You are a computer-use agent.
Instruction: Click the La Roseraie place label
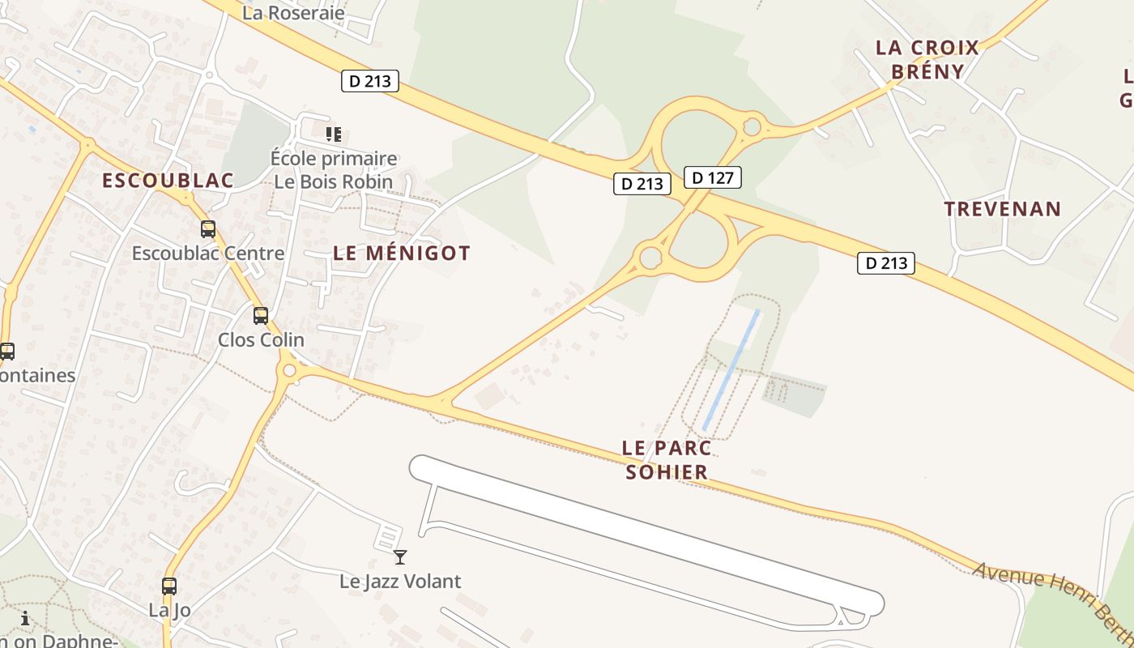pos(293,13)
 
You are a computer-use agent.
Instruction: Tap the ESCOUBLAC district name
pos(168,181)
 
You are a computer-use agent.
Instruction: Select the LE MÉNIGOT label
pos(402,253)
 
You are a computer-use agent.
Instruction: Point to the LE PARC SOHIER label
pos(667,459)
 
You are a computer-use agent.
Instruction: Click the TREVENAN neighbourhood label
pos(1002,209)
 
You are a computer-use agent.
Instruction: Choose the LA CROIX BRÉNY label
pos(927,59)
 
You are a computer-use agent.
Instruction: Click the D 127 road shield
pos(713,177)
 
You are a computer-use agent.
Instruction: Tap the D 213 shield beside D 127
pos(642,184)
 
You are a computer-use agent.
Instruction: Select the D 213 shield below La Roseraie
pos(370,81)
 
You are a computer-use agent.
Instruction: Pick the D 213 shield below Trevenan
pos(886,262)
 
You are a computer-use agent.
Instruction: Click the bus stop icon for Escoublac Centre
pos(208,229)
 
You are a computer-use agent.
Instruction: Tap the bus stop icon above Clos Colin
pos(260,315)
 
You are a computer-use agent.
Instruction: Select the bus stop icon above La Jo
pos(168,586)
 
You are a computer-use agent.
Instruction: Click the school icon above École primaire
pos(333,134)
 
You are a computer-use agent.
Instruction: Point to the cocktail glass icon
pos(399,556)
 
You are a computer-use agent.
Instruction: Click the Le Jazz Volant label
pos(400,581)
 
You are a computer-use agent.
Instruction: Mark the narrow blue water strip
pos(731,369)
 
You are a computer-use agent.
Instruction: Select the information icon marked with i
pos(25,619)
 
